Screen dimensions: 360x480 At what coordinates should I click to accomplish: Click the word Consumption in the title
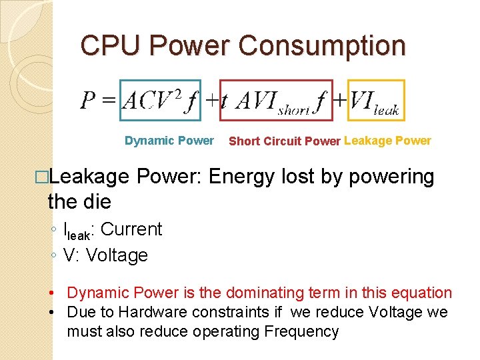pos(322,45)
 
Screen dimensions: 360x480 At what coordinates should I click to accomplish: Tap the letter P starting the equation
pos(89,101)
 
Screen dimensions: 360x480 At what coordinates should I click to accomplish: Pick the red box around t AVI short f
pos(276,100)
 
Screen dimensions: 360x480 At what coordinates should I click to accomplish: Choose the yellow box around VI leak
pos(375,100)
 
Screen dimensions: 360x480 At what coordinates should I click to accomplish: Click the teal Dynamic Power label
pos(169,141)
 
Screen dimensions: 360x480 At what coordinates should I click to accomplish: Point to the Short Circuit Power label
pos(285,141)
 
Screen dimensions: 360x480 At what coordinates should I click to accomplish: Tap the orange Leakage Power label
pos(387,141)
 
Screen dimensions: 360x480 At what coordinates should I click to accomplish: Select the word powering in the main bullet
pos(395,177)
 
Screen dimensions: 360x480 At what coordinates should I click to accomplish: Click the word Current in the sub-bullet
pos(131,229)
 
